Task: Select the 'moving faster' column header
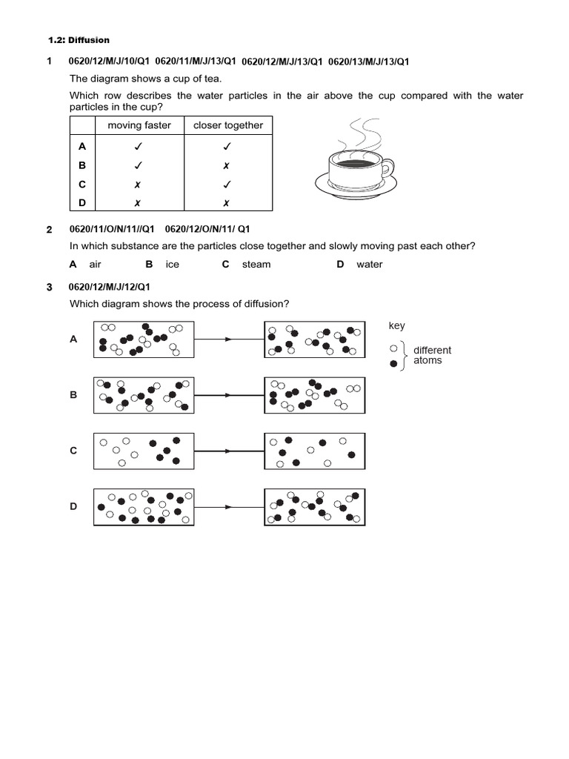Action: coord(139,125)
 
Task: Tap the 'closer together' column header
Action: coord(228,125)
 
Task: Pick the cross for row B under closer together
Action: coord(227,166)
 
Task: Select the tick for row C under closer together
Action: coord(227,185)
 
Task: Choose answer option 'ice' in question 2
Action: coord(173,265)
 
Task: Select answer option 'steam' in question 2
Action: coord(256,265)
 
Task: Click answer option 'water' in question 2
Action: coord(369,265)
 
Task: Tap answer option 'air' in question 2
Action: coord(95,265)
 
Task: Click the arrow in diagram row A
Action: coord(229,339)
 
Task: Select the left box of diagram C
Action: coord(144,451)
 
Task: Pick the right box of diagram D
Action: coord(314,507)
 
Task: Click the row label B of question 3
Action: coord(73,395)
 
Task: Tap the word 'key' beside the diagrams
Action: coord(396,326)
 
